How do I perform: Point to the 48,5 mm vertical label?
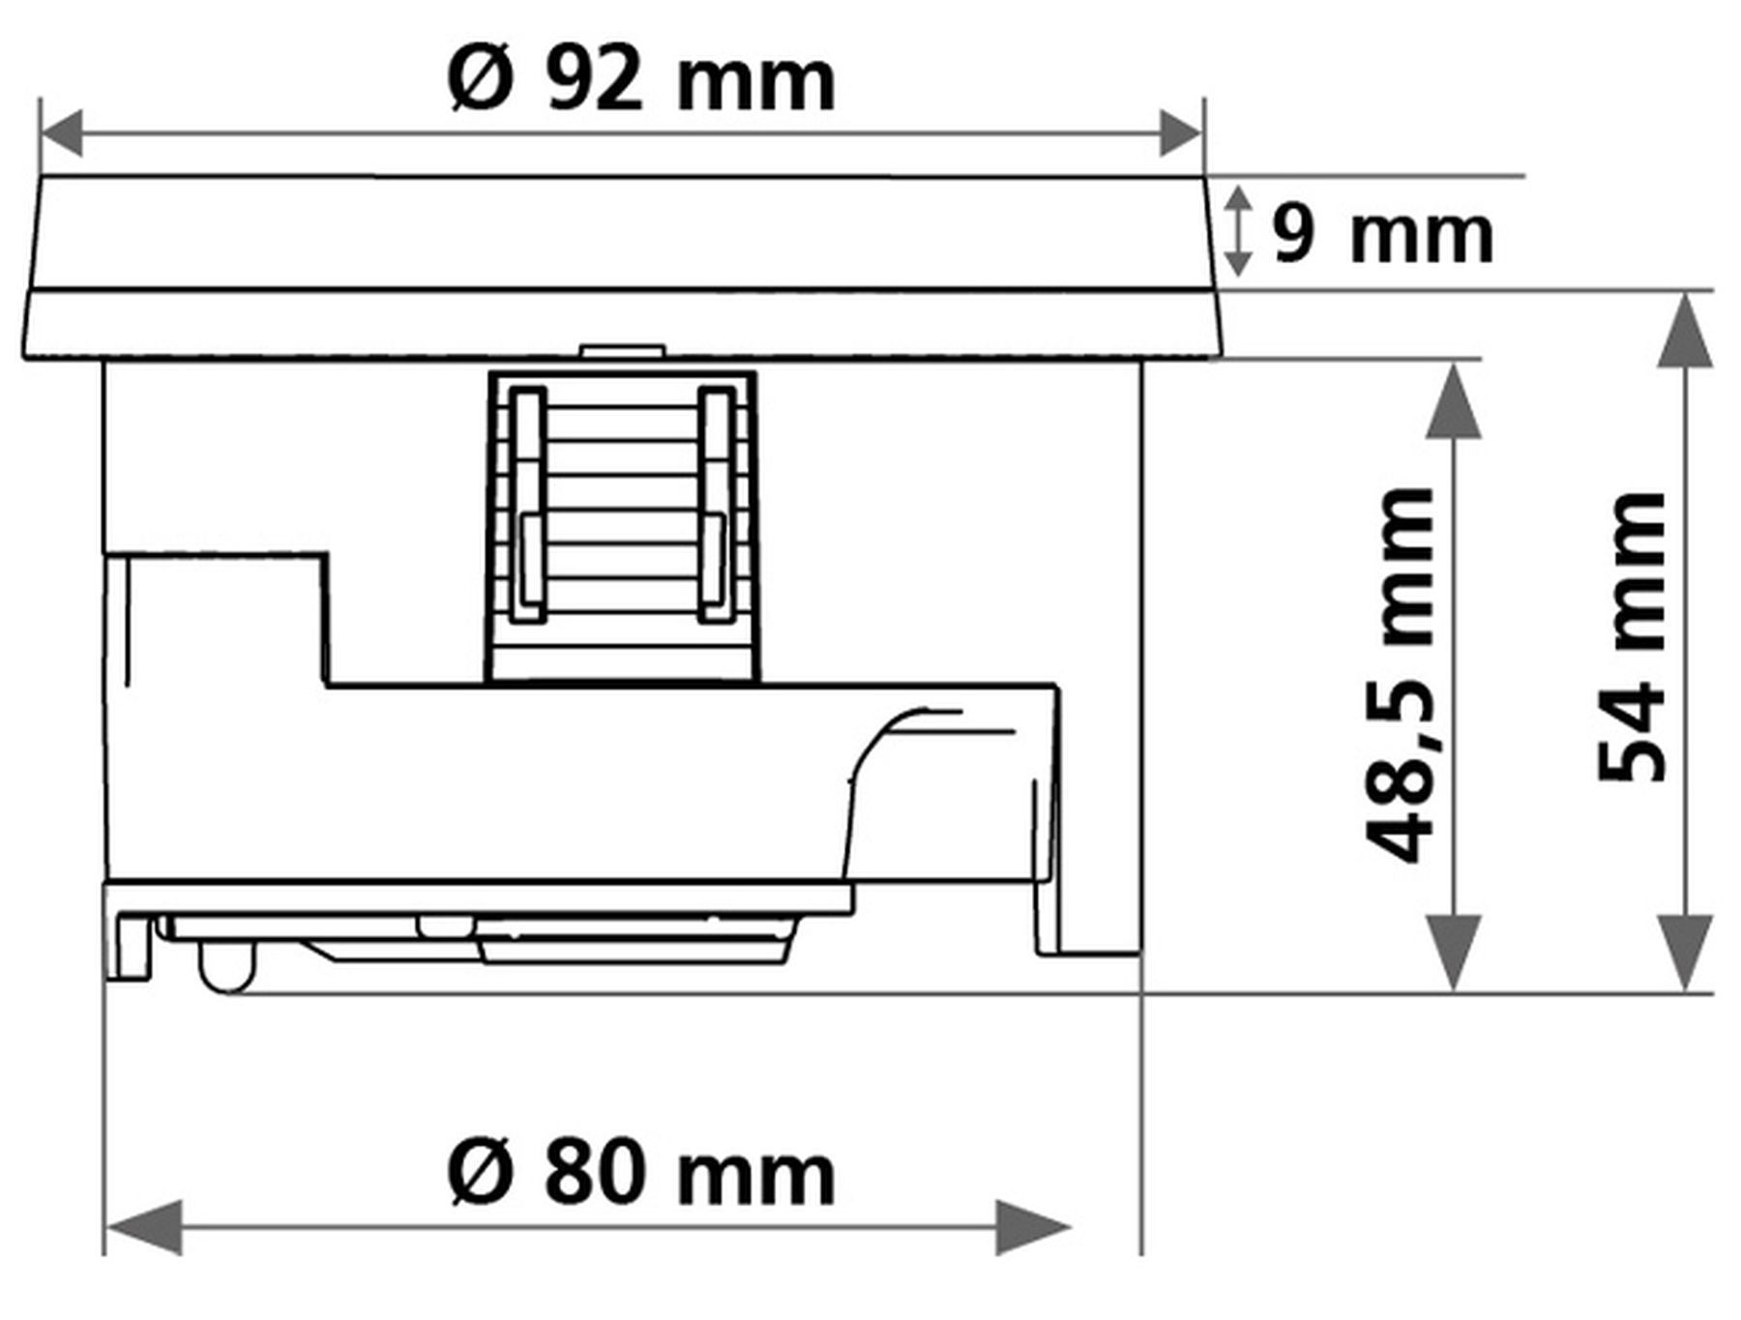click(x=1398, y=675)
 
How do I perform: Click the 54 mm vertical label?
click(x=1631, y=636)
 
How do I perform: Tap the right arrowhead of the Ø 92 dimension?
click(x=1181, y=132)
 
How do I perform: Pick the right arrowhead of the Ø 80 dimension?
click(x=1033, y=1227)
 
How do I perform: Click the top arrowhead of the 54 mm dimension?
click(x=1686, y=330)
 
